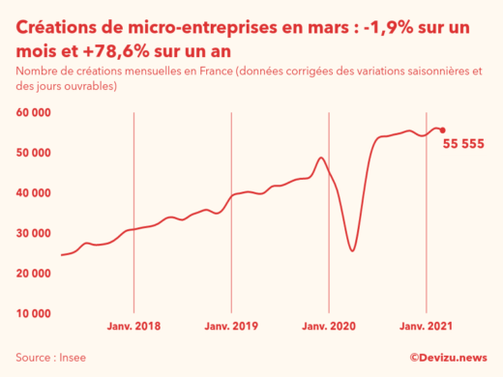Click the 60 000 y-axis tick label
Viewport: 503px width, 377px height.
34,112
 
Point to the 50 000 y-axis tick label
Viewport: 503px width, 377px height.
34,153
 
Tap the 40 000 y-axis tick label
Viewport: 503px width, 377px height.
34,192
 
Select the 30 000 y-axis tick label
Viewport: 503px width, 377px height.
34,233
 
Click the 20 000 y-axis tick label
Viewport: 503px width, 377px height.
34,273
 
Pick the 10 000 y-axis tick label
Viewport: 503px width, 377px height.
34,313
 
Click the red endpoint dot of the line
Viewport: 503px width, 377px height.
442,130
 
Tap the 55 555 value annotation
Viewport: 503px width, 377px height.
463,144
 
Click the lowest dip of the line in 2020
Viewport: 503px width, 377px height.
352,250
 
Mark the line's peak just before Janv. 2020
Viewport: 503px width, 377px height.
321,158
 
